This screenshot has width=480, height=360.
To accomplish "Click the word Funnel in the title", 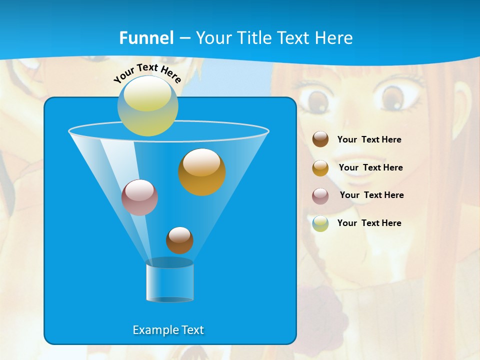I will tap(146, 38).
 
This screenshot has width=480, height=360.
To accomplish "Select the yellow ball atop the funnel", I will tap(148, 105).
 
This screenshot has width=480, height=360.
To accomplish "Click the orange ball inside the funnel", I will tap(202, 172).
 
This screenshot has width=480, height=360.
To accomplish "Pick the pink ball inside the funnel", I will tap(140, 197).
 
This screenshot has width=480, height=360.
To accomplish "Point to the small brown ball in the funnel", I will tap(179, 240).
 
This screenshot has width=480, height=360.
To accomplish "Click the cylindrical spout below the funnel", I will tap(170, 282).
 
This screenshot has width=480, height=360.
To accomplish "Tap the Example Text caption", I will tap(168, 330).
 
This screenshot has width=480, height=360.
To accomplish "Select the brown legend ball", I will tap(320, 139).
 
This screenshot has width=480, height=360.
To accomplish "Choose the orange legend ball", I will tap(320, 168).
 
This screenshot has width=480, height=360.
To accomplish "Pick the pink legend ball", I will tap(320, 196).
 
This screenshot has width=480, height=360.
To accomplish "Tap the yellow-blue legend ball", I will tap(320, 223).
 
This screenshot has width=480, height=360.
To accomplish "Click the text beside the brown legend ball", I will tap(369, 140).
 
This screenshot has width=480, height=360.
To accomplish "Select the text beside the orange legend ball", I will tap(370, 168).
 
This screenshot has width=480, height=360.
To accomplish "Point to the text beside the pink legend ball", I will tap(371, 195).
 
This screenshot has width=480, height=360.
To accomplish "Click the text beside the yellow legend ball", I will tap(369, 223).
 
